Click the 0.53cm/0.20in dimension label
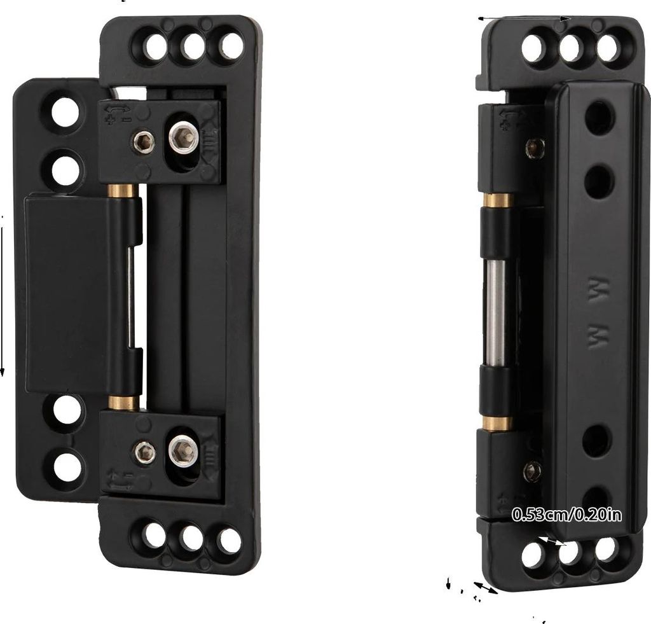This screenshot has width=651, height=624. point(567,515)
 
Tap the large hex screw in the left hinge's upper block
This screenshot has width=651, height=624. point(184,136)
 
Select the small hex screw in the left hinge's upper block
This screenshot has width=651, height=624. point(144,142)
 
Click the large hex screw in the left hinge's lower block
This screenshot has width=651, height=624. point(183,450)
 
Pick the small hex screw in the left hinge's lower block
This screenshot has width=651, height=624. point(145,452)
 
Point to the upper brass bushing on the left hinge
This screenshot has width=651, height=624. point(123,191)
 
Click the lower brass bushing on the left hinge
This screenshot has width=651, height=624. point(124,403)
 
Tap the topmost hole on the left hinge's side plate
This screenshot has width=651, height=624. point(65,112)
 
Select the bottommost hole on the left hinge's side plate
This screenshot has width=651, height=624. point(67,468)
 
